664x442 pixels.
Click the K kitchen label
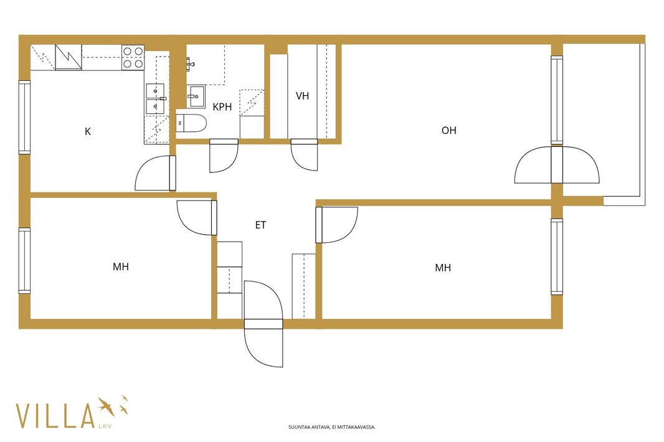click(x=88, y=132)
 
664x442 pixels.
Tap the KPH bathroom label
click(x=222, y=107)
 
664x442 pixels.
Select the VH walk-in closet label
click(x=302, y=96)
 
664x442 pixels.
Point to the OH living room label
click(x=449, y=130)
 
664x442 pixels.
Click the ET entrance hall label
click(x=260, y=225)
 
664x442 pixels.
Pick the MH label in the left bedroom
click(x=121, y=266)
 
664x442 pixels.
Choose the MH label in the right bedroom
click(x=443, y=268)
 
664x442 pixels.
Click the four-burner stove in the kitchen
click(x=133, y=57)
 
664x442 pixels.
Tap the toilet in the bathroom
click(x=191, y=123)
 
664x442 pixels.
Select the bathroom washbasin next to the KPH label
click(x=196, y=97)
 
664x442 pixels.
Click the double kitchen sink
click(x=156, y=99)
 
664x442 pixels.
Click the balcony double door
click(x=557, y=165)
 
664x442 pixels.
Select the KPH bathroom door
click(x=224, y=156)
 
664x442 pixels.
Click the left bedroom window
click(x=24, y=260)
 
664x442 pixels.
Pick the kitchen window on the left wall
click(x=24, y=117)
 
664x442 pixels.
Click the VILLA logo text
click(x=55, y=416)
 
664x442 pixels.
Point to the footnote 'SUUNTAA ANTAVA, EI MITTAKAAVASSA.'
click(x=332, y=427)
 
